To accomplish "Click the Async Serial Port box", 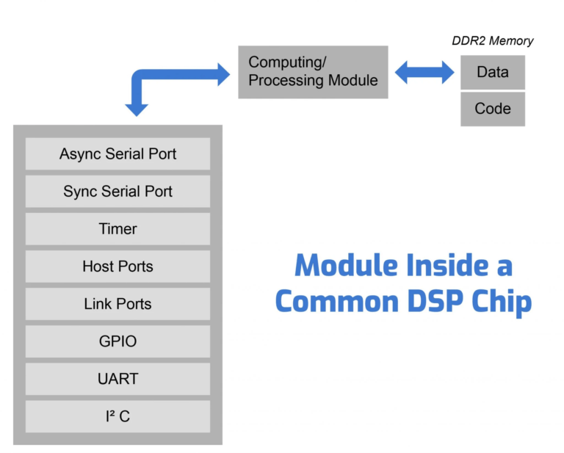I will coord(117,154).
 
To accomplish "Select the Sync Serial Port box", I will coord(117,192).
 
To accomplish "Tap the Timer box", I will coord(117,229).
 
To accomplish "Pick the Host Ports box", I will coord(117,267).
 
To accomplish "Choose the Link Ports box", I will coord(117,304).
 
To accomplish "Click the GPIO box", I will coord(117,341).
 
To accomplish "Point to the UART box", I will coord(117,380).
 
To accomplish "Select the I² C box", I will coord(117,417).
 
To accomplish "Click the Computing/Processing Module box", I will coord(313,71).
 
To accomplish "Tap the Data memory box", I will coord(492,72).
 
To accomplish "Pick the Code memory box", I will coord(492,109).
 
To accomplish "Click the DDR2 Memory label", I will coord(492,41).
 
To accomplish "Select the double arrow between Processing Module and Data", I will coord(424,72).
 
